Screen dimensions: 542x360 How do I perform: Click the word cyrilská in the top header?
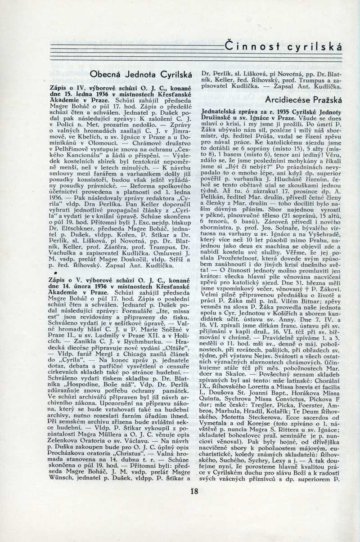(x=315, y=46)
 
